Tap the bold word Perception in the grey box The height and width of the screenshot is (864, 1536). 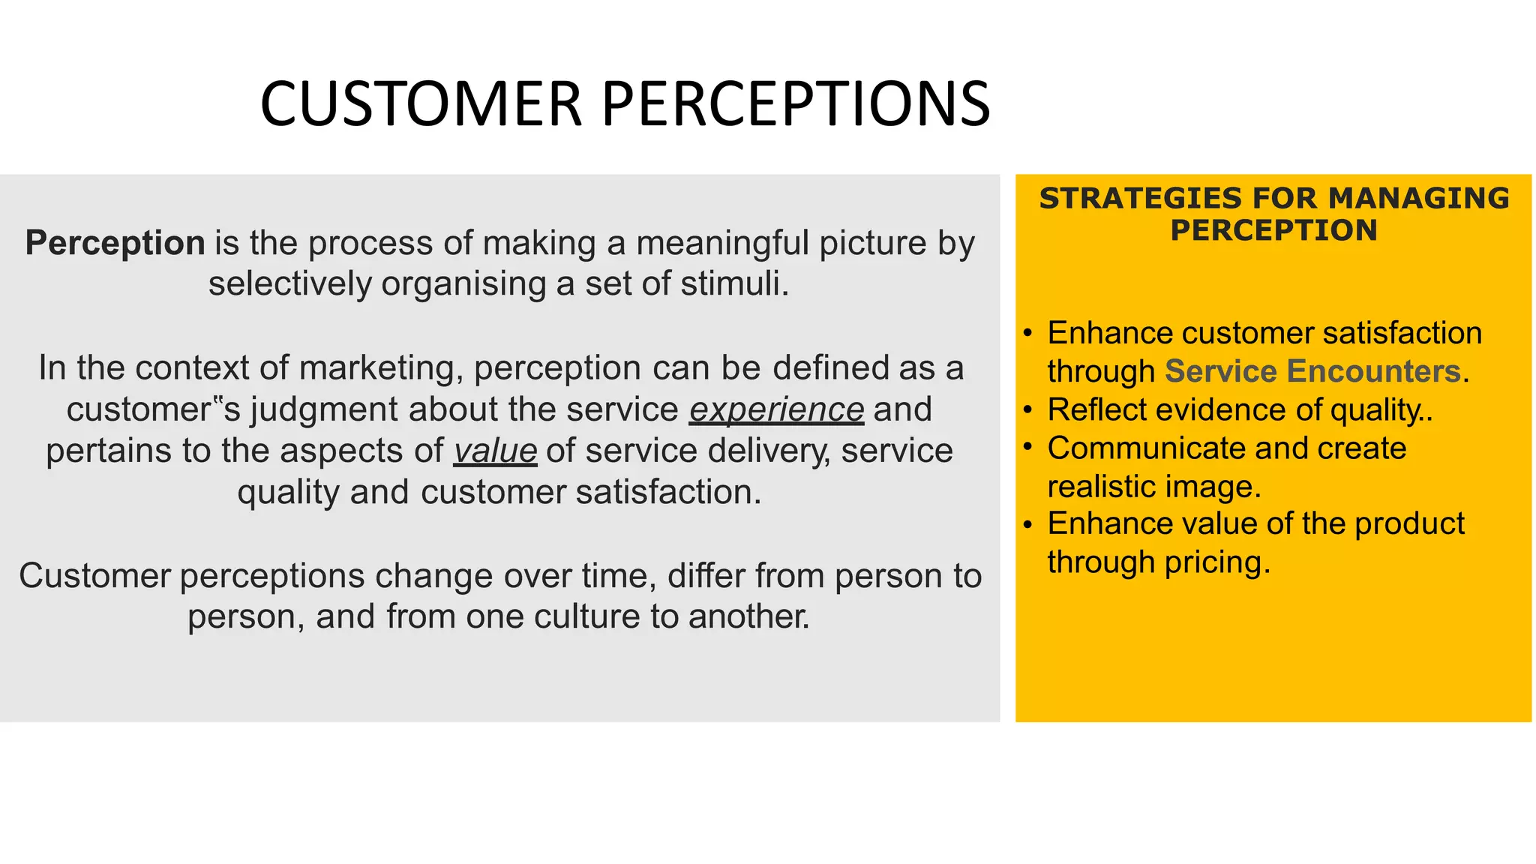pyautogui.click(x=115, y=243)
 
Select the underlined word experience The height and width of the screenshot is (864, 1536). pyautogui.click(x=776, y=409)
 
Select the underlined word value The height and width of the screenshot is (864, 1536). pyautogui.click(x=495, y=451)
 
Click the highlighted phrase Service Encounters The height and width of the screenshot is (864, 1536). pyautogui.click(x=1312, y=371)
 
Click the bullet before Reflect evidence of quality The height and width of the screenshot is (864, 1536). pyautogui.click(x=1028, y=410)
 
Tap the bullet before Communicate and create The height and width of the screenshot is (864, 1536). pyautogui.click(x=1028, y=447)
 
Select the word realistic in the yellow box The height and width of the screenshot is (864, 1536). pyautogui.click(x=1101, y=487)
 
